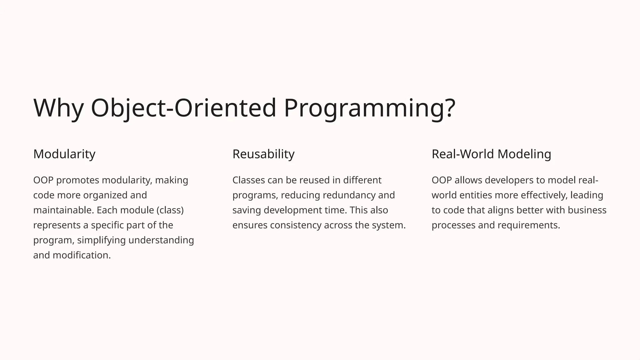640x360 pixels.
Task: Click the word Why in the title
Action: pyautogui.click(x=58, y=108)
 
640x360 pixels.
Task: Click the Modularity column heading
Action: pyautogui.click(x=64, y=154)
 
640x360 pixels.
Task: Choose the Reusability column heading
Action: pyautogui.click(x=263, y=154)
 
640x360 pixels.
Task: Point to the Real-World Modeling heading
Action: pyautogui.click(x=491, y=154)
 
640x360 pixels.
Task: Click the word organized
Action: pyautogui.click(x=106, y=195)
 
